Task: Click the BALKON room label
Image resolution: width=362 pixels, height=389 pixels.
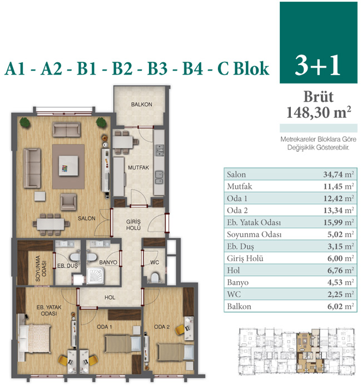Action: point(142,104)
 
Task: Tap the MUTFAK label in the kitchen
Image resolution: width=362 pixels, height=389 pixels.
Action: point(138,168)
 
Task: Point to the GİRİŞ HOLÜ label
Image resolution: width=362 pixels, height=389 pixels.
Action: point(133,225)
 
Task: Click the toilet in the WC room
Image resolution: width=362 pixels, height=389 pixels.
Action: point(155,278)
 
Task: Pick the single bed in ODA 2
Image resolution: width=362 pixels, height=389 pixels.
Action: point(176,352)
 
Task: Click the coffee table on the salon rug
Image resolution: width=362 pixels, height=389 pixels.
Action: point(68,166)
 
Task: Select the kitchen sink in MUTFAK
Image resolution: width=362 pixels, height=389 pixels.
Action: point(159,178)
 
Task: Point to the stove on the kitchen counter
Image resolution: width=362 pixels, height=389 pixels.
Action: point(159,150)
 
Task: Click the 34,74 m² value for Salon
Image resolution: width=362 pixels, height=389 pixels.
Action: point(339,174)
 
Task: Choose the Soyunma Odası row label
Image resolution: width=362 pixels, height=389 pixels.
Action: point(254,235)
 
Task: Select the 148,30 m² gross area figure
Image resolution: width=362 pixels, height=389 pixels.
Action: point(319,112)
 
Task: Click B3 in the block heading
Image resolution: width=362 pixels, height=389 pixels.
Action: point(157,68)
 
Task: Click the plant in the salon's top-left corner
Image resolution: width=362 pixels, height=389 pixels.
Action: point(25,123)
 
